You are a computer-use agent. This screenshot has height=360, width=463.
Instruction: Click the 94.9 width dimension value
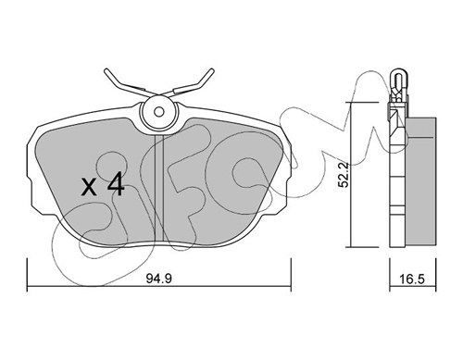tap(158, 279)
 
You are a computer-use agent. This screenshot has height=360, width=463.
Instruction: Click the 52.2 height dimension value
tap(343, 175)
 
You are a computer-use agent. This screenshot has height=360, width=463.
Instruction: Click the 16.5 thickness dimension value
tap(412, 279)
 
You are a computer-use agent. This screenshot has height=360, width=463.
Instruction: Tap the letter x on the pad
tap(89, 187)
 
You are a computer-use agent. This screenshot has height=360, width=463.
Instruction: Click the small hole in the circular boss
tap(158, 111)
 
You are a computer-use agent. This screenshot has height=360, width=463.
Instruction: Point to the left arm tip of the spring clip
tap(106, 71)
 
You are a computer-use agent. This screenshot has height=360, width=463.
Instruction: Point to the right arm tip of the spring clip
tap(212, 70)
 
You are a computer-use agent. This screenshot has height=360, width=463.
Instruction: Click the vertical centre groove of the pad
tap(158, 188)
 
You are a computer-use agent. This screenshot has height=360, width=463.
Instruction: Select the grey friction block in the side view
tap(421, 182)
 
